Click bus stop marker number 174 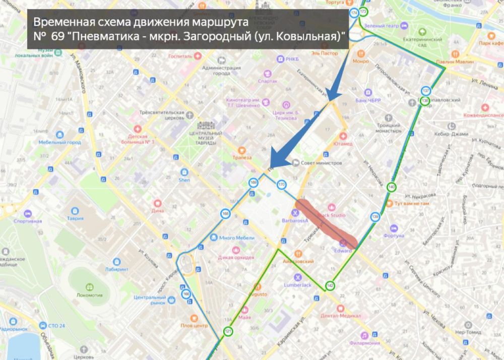click(354, 12)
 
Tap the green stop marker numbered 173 click(363, 12)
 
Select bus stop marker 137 click(426, 91)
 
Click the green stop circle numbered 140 click(392, 188)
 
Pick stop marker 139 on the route click(375, 217)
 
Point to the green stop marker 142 click(330, 286)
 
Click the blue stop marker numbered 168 click(225, 214)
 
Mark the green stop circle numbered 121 click(228, 331)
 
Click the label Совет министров click(321, 163)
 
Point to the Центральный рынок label click(150, 300)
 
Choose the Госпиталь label click(180, 56)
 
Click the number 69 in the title click(57, 37)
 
